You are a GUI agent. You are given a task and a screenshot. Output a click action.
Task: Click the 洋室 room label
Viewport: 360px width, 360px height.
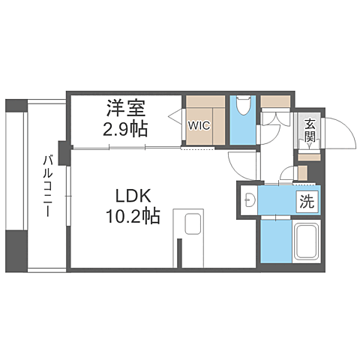(x=126, y=108)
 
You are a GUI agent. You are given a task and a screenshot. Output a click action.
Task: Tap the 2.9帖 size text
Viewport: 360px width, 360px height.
(x=125, y=129)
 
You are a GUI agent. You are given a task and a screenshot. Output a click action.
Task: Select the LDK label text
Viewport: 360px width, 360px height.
(x=133, y=196)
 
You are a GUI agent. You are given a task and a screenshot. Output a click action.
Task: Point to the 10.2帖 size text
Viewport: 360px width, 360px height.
(x=133, y=216)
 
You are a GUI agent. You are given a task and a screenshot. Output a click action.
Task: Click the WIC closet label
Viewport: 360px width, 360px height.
(x=199, y=125)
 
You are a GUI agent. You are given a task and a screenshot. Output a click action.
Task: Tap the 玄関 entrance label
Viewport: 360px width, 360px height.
(x=310, y=130)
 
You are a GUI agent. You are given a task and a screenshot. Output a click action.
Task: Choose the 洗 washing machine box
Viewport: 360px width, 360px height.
(x=307, y=202)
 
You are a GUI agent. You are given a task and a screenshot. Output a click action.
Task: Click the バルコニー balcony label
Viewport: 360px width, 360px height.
(x=47, y=185)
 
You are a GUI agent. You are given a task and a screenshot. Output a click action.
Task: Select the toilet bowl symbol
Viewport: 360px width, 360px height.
(x=243, y=106)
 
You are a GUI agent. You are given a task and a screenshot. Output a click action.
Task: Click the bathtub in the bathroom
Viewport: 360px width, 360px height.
(x=307, y=241)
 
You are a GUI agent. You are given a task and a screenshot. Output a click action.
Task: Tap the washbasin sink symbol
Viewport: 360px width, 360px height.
(x=250, y=199)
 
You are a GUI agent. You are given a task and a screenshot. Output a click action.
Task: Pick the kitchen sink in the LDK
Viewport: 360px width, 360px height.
(x=193, y=223)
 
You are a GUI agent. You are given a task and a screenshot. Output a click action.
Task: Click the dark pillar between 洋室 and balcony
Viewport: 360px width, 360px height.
(x=64, y=153)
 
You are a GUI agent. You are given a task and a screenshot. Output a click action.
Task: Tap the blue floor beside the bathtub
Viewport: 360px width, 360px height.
(x=276, y=241)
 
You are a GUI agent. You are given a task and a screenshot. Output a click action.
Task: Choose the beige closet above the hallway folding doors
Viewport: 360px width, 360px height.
(x=275, y=101)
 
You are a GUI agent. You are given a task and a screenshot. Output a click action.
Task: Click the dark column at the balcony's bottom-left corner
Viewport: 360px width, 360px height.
(x=16, y=251)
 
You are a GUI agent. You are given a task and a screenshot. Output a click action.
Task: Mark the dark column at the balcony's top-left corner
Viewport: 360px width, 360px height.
(x=16, y=105)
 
